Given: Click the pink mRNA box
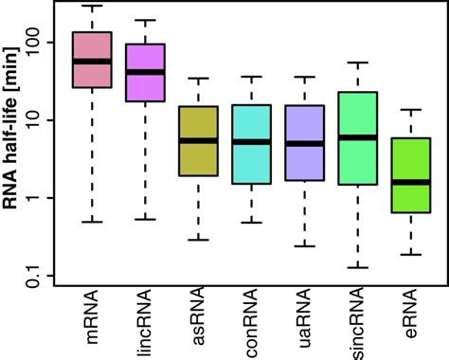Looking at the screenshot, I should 92,76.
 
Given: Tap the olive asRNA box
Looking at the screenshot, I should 198,156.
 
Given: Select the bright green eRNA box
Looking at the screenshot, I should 410,194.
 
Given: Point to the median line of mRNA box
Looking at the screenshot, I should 92,62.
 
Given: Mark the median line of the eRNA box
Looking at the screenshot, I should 410,181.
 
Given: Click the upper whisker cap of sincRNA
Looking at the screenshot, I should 357,63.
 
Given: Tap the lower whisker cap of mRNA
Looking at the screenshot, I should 92,222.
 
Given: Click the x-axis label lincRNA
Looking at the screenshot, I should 147,323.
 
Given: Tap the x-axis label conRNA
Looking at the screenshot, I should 252,323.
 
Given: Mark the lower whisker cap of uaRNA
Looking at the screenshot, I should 304,246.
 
